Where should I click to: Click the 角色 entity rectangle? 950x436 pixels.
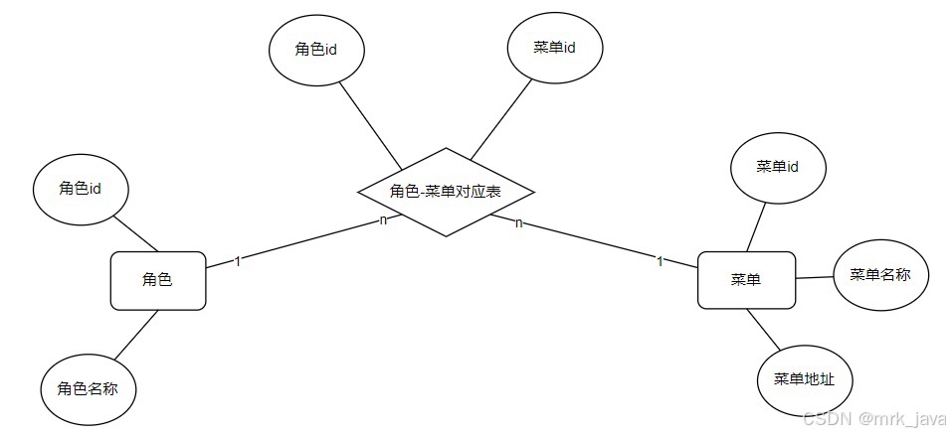click(x=157, y=280)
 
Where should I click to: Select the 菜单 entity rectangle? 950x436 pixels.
click(x=745, y=280)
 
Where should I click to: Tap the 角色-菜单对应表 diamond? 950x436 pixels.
click(x=446, y=192)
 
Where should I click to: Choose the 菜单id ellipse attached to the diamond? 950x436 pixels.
click(x=555, y=49)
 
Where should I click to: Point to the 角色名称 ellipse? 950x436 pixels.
click(x=88, y=388)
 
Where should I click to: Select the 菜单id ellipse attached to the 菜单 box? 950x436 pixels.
click(x=778, y=167)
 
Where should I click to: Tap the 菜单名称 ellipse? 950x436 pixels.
click(x=881, y=275)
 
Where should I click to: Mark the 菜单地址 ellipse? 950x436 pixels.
click(x=805, y=379)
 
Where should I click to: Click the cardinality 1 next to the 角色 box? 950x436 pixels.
click(x=238, y=261)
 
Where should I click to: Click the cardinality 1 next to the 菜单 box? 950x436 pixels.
click(x=660, y=261)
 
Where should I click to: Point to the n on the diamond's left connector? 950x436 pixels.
click(x=383, y=219)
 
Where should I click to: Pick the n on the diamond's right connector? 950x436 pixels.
click(x=518, y=223)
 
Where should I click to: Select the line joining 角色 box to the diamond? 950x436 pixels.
click(x=298, y=241)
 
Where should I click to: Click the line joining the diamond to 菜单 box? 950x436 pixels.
click(x=597, y=242)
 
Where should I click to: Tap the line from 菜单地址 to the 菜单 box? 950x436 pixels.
click(x=766, y=329)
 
